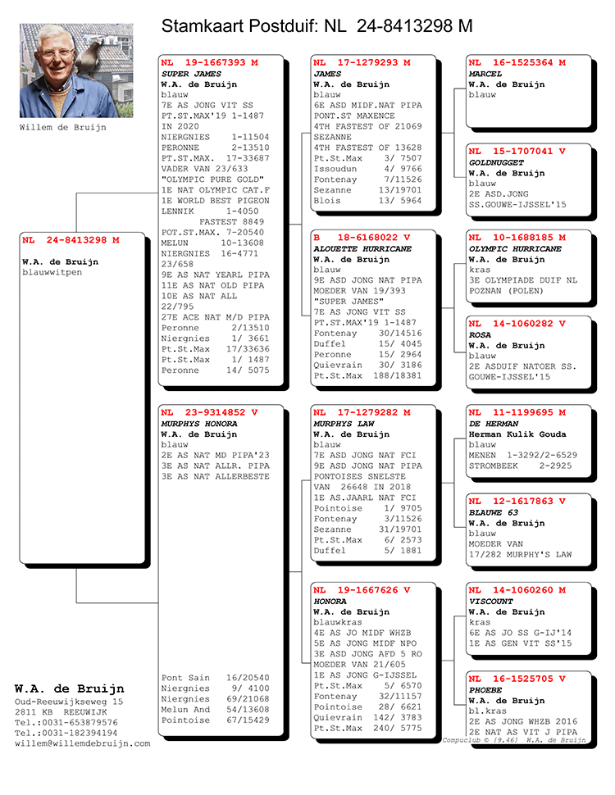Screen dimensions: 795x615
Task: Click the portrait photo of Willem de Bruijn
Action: [x=76, y=70]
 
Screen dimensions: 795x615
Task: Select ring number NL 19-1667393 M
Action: [x=209, y=62]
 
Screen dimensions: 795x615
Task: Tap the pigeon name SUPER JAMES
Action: [x=186, y=74]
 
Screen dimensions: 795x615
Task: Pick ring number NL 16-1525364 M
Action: [x=517, y=62]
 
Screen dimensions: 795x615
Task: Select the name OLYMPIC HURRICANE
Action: [x=515, y=248]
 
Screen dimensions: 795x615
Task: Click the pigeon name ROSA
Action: [x=480, y=334]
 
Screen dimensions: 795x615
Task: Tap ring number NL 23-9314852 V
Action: [x=209, y=412]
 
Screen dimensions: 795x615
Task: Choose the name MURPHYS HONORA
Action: [x=199, y=424]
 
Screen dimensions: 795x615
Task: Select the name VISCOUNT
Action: [x=491, y=601]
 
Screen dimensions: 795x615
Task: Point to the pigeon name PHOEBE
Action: [x=486, y=690]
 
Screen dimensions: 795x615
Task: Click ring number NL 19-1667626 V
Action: [x=362, y=589]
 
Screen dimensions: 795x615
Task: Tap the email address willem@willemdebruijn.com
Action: [x=83, y=743]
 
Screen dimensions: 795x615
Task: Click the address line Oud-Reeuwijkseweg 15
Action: [x=69, y=702]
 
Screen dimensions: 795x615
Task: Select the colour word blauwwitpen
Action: [x=52, y=272]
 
